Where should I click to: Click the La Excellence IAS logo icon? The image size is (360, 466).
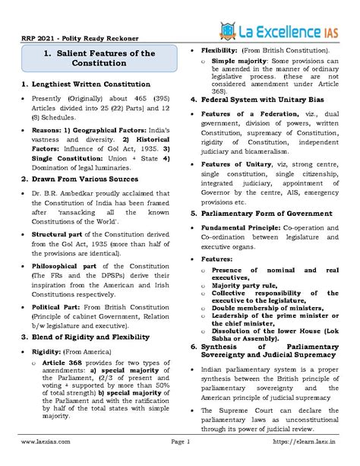[x=227, y=31]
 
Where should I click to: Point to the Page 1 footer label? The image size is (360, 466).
[x=179, y=441]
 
